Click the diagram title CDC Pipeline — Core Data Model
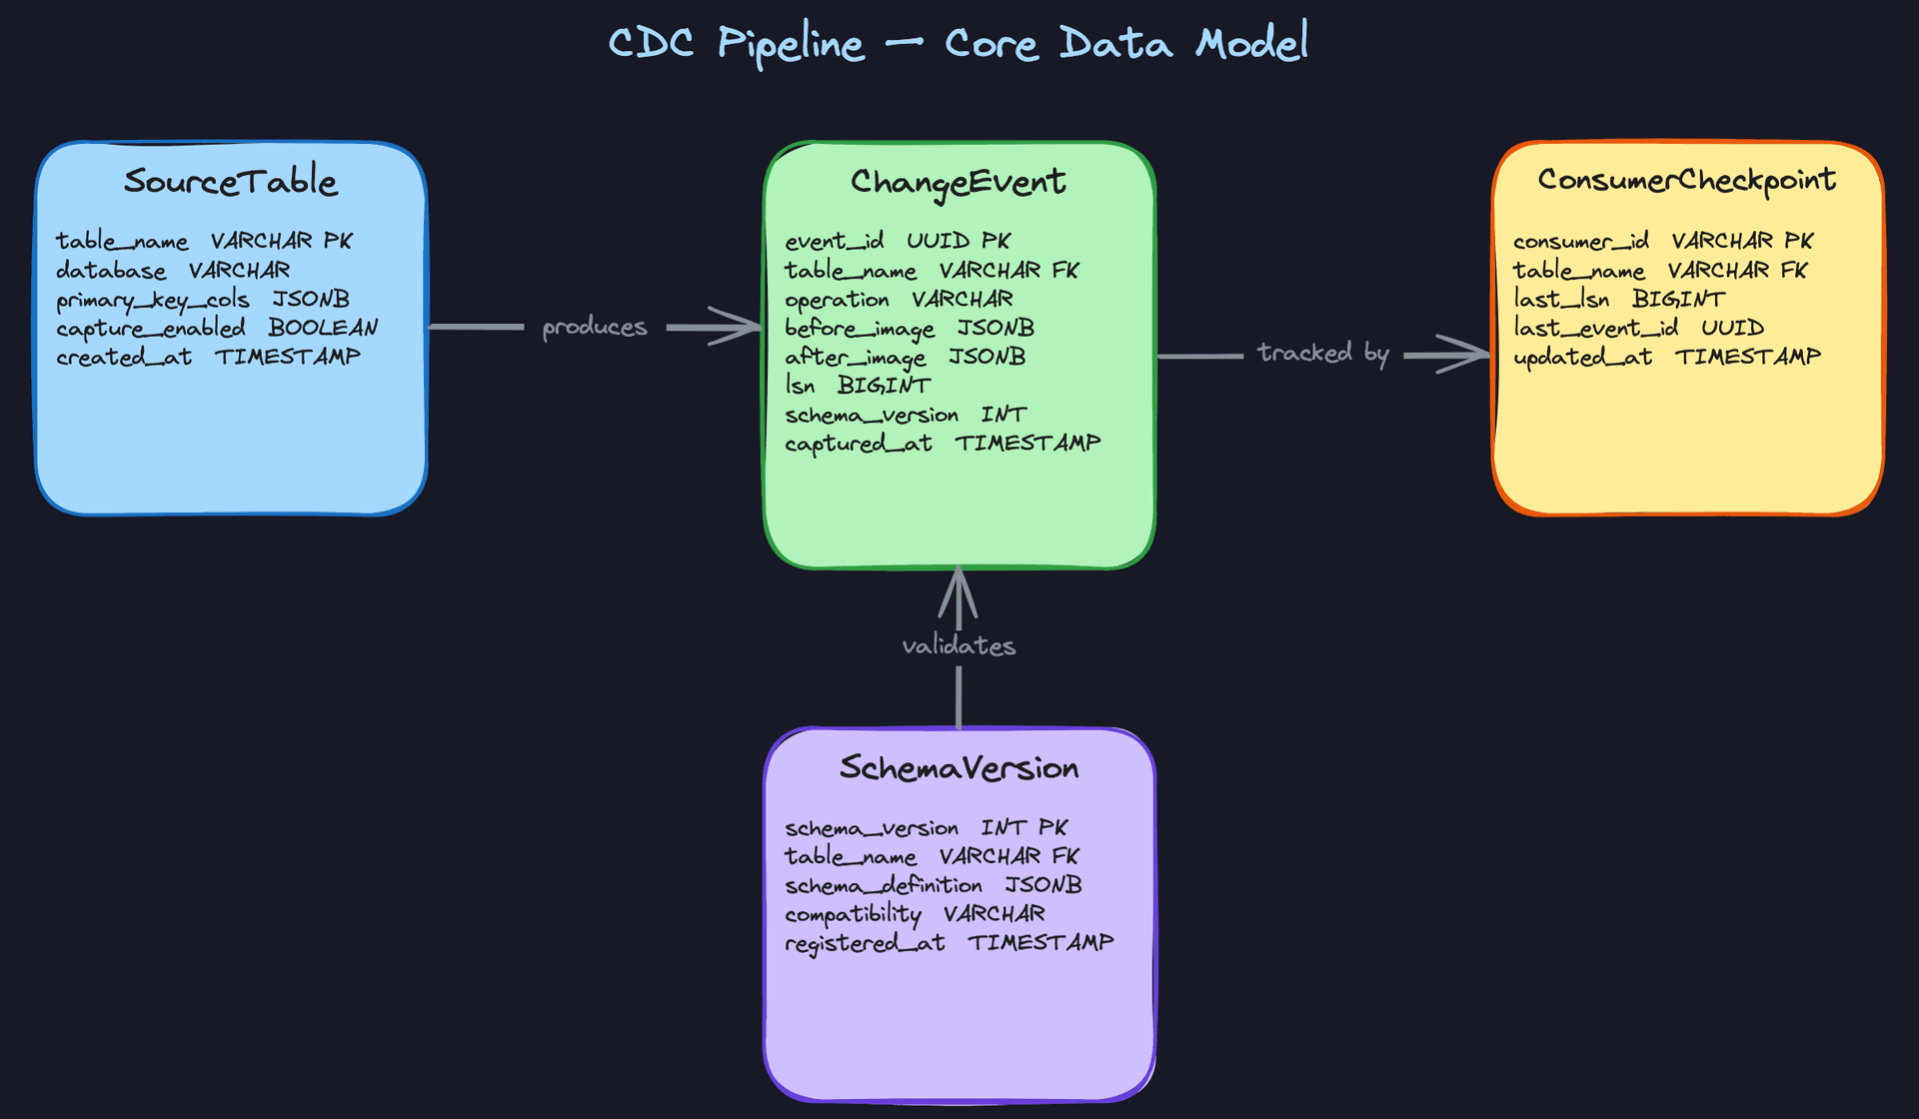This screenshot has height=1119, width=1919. click(x=958, y=44)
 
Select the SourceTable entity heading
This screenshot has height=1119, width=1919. click(x=231, y=182)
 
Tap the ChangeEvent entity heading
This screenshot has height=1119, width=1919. click(x=958, y=182)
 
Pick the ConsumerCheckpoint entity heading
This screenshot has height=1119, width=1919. click(x=1686, y=180)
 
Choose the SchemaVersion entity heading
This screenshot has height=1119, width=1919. click(x=959, y=768)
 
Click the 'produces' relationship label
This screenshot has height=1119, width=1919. click(x=595, y=328)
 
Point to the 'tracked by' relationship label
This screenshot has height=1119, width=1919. click(x=1322, y=354)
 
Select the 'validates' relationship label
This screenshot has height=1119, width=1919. click(x=959, y=646)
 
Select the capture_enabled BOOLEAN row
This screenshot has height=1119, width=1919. click(x=217, y=329)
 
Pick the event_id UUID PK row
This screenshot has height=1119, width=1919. click(x=897, y=242)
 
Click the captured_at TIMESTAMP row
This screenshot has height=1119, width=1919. click(x=943, y=444)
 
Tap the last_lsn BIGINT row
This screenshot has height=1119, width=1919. click(x=1618, y=300)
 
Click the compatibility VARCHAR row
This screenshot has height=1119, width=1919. click(x=915, y=915)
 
